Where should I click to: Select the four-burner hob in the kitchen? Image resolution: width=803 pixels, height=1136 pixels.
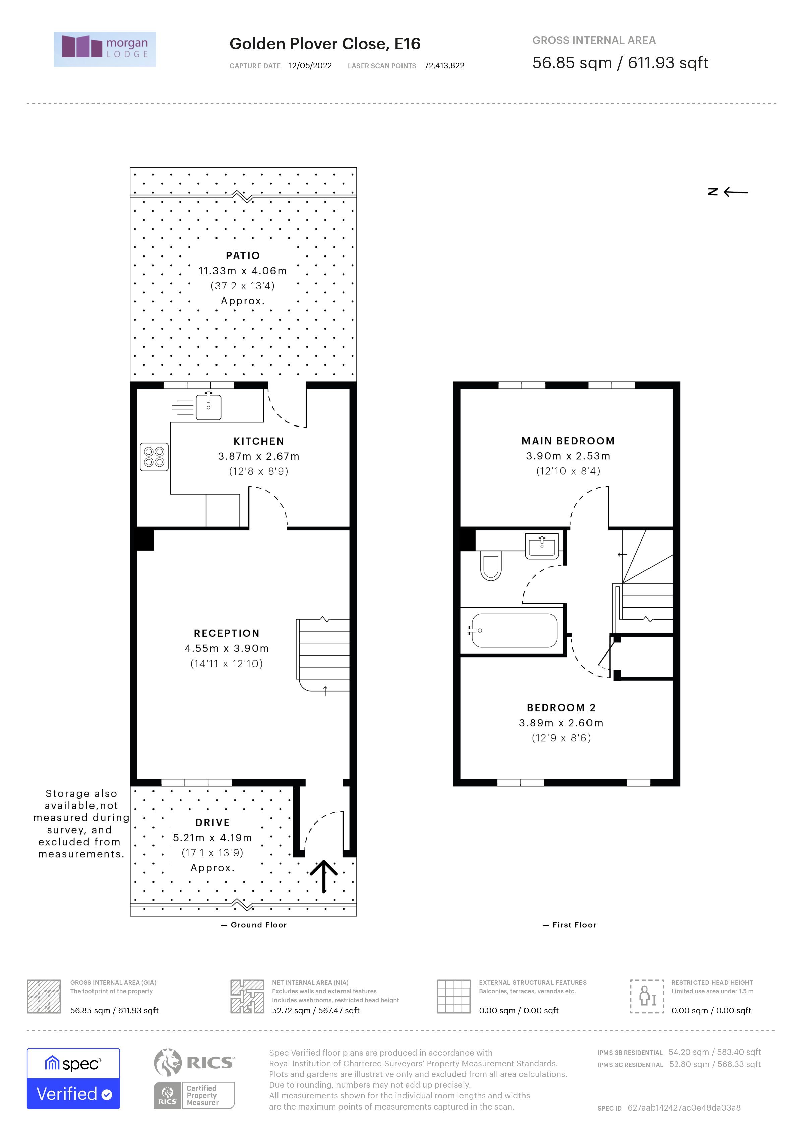(154, 457)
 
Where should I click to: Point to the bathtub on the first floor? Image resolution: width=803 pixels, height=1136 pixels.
(514, 630)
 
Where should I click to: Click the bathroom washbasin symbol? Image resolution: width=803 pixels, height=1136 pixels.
(542, 546)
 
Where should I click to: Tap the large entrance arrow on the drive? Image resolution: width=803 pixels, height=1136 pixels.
(324, 876)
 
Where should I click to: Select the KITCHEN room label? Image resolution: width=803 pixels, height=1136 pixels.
(259, 441)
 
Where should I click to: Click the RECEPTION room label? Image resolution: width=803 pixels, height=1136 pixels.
(227, 633)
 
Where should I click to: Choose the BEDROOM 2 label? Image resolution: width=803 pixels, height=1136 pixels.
(561, 707)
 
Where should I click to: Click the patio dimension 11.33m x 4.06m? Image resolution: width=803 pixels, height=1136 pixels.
(242, 271)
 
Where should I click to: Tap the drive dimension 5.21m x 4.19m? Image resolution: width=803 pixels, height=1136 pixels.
(212, 838)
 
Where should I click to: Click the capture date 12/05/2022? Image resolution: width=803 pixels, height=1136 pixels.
(310, 66)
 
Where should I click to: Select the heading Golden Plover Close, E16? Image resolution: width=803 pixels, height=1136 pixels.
(324, 44)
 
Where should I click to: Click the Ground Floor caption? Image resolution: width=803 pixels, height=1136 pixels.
(258, 925)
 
